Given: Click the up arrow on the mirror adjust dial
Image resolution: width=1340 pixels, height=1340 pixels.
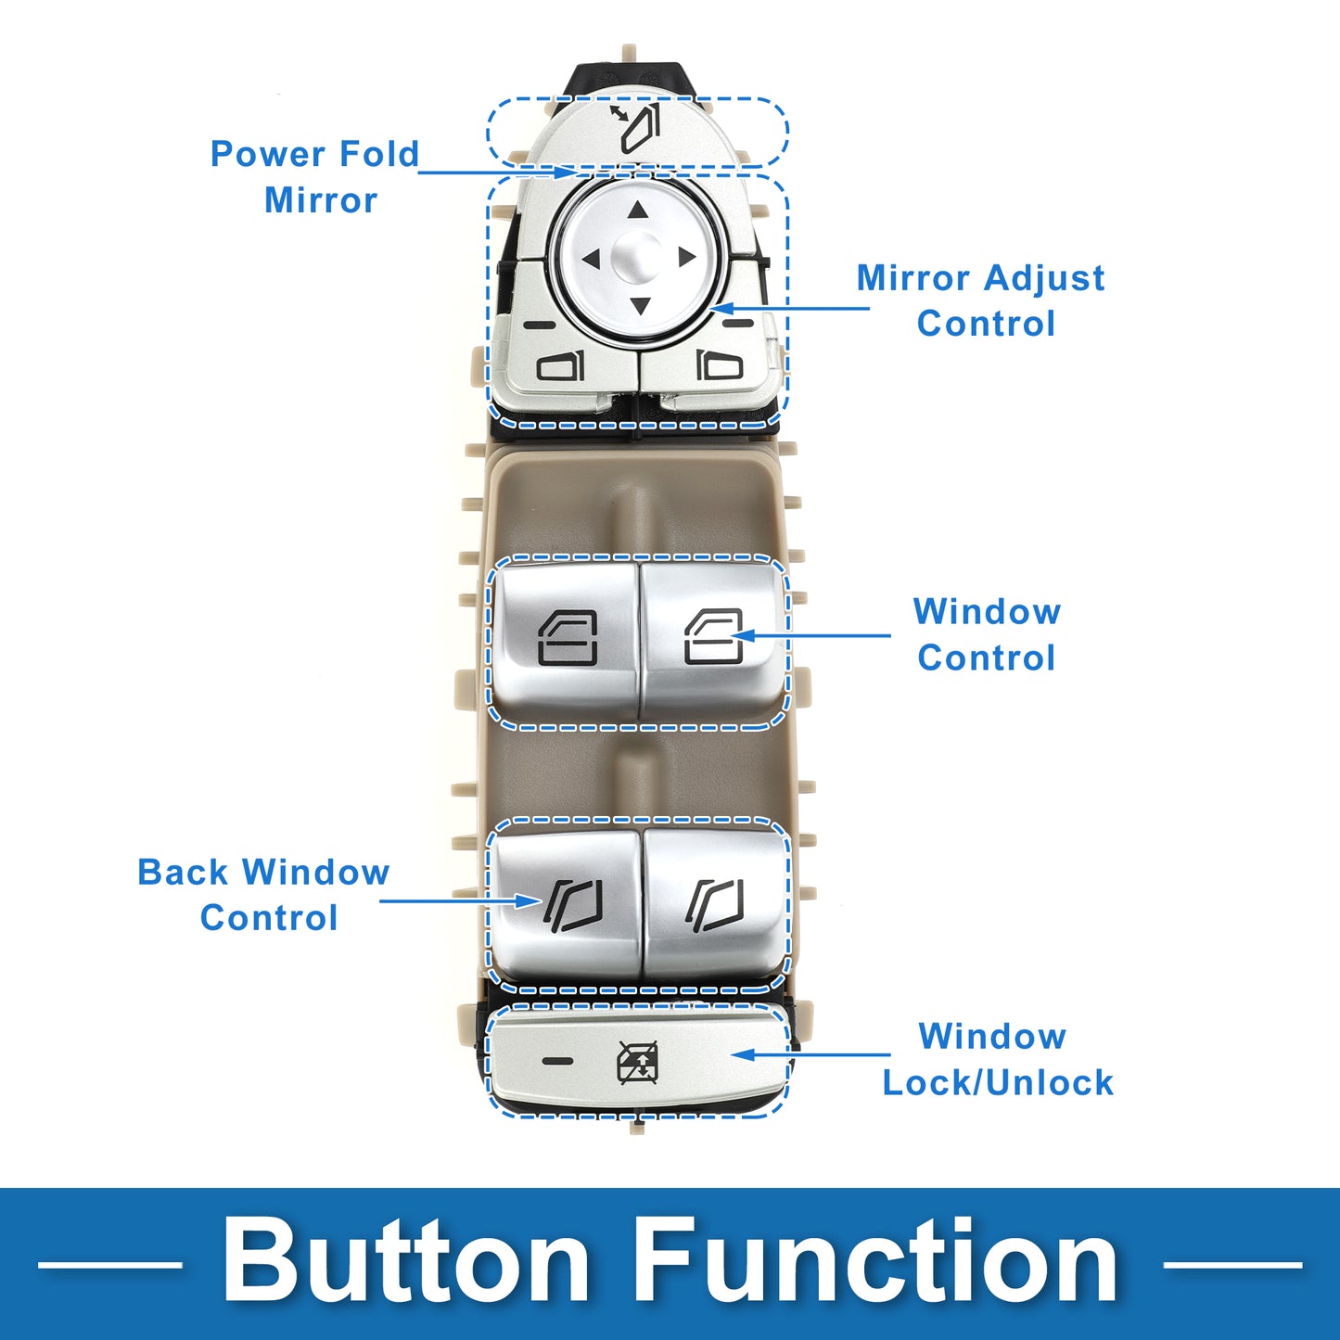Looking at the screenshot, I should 637,211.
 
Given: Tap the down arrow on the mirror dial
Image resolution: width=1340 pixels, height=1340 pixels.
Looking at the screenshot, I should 639,305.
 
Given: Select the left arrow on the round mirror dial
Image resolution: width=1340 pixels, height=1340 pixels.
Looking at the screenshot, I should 591,260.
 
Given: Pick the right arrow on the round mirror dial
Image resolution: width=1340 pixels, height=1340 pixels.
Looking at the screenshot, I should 686,257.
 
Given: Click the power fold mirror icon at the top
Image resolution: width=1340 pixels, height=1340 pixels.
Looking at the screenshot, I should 636,128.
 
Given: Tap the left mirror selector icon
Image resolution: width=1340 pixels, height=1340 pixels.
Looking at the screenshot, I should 561,365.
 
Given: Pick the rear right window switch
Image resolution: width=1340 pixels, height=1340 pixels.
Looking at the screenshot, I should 715,903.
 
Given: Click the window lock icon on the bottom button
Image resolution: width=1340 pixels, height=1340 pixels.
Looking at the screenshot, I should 639,1062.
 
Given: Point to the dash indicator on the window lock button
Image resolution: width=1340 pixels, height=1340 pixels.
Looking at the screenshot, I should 557,1060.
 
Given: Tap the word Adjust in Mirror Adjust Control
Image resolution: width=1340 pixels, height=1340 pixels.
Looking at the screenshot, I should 1044,278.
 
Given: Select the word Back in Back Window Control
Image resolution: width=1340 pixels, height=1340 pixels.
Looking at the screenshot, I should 183,873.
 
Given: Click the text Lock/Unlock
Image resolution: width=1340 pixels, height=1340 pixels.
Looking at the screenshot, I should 998,1082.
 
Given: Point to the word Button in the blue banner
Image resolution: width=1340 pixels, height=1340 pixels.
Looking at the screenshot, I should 406,1262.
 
